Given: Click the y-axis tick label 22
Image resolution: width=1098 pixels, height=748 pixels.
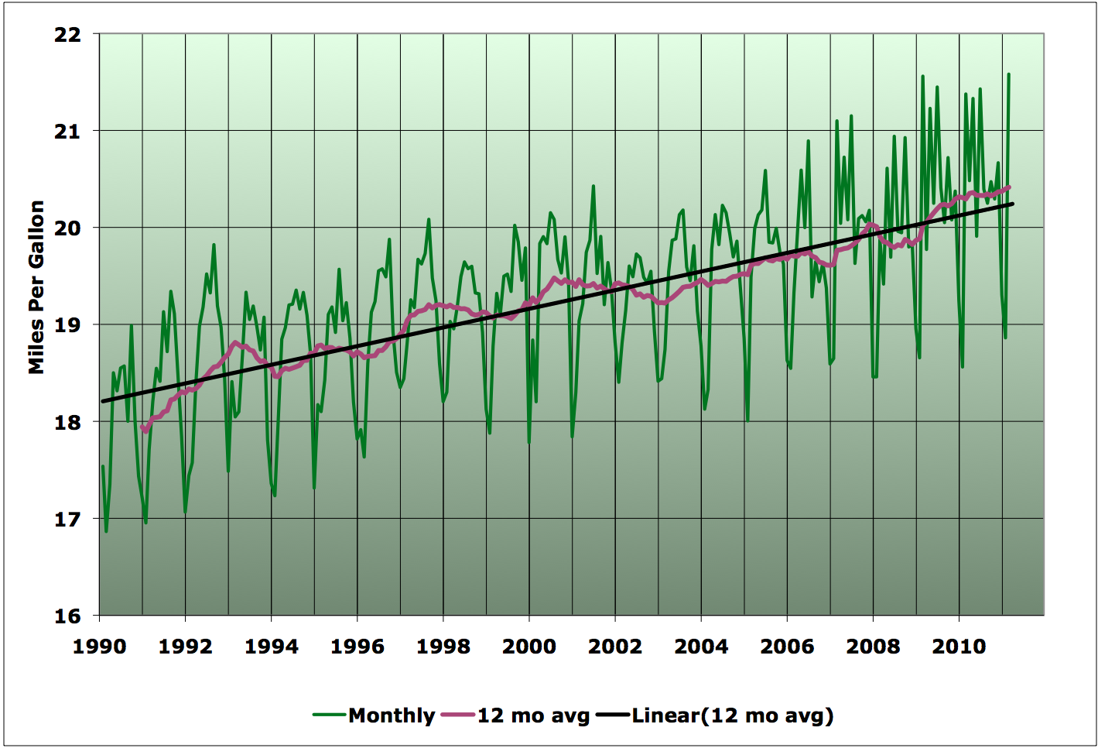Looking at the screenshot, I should pyautogui.click(x=69, y=34).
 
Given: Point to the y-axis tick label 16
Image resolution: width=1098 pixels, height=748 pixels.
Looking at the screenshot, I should pyautogui.click(x=69, y=616).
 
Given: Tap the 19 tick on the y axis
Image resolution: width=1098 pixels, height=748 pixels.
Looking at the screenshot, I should pyautogui.click(x=69, y=325).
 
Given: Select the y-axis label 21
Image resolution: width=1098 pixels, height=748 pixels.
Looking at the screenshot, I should pyautogui.click(x=69, y=131).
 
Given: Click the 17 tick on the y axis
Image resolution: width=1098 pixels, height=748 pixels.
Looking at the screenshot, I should pyautogui.click(x=69, y=520).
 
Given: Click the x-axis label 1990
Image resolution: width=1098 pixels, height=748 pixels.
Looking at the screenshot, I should pyautogui.click(x=99, y=647).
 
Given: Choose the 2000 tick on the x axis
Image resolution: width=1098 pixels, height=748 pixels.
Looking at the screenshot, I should pyautogui.click(x=529, y=647).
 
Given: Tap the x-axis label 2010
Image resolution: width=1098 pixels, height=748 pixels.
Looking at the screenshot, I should pyautogui.click(x=959, y=647).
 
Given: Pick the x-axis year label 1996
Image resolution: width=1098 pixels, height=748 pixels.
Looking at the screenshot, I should pyautogui.click(x=357, y=647).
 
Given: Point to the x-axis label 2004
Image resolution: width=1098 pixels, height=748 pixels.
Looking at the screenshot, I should pyautogui.click(x=701, y=647).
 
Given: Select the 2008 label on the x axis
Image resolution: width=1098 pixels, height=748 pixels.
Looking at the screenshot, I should pyautogui.click(x=873, y=647).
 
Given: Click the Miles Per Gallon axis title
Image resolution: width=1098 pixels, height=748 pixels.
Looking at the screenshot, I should pyautogui.click(x=36, y=287).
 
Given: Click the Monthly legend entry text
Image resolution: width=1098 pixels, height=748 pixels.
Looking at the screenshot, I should pyautogui.click(x=392, y=715).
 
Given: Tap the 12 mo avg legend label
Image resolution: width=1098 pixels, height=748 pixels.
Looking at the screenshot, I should pyautogui.click(x=533, y=715).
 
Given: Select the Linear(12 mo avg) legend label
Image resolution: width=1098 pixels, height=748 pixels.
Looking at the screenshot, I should pyautogui.click(x=732, y=715).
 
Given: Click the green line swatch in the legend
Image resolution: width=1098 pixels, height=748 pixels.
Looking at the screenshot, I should pyautogui.click(x=329, y=715).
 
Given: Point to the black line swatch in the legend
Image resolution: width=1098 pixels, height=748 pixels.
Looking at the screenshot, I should pyautogui.click(x=612, y=715).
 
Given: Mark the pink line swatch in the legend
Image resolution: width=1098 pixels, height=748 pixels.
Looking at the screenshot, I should pyautogui.click(x=457, y=715).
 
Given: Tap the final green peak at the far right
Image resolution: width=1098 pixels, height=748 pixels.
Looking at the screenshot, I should pyautogui.click(x=1009, y=74).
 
